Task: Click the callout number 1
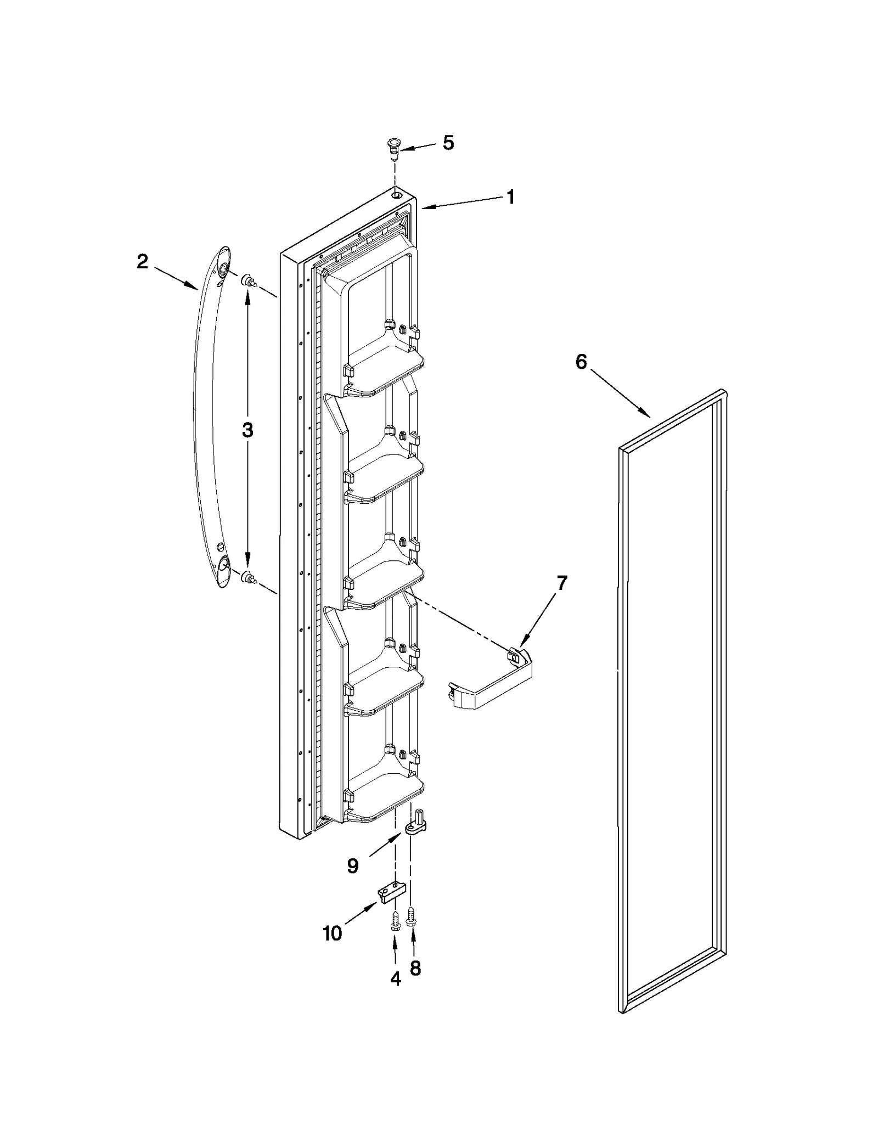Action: coord(510,197)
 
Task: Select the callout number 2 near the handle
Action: coord(142,262)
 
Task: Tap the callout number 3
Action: coord(247,430)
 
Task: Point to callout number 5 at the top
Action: coord(448,143)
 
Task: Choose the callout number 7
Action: coord(561,582)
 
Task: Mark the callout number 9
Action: coord(353,866)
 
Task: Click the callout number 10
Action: coord(333,933)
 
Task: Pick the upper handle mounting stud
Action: coord(248,282)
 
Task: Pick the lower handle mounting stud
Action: coord(248,576)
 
